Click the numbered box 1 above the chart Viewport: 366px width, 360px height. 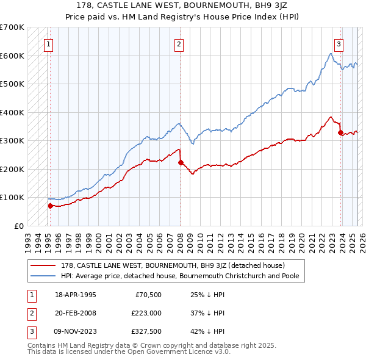(48, 43)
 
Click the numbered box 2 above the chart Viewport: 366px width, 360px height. (179, 43)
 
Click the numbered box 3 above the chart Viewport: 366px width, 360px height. (339, 43)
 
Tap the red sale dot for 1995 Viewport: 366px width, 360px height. (50, 206)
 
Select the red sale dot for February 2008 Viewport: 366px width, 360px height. (181, 162)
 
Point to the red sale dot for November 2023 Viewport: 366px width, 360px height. (340, 133)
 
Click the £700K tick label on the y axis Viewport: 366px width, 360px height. (12, 27)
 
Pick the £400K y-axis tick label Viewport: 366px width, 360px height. (12, 112)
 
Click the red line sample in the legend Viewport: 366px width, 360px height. (43, 265)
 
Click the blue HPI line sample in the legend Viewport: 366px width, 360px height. (43, 276)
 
